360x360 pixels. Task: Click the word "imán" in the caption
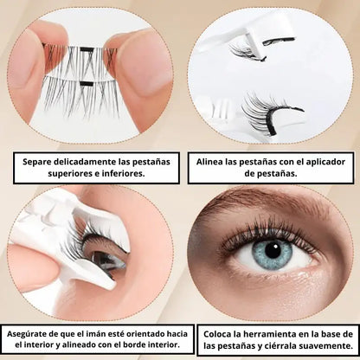pos(96,334)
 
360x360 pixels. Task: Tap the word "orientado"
pos(145,334)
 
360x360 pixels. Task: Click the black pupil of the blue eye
pos(273,250)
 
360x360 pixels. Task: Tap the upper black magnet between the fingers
pos(87,49)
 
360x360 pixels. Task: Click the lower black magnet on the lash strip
pos(87,84)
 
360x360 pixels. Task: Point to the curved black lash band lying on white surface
pos(277,117)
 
